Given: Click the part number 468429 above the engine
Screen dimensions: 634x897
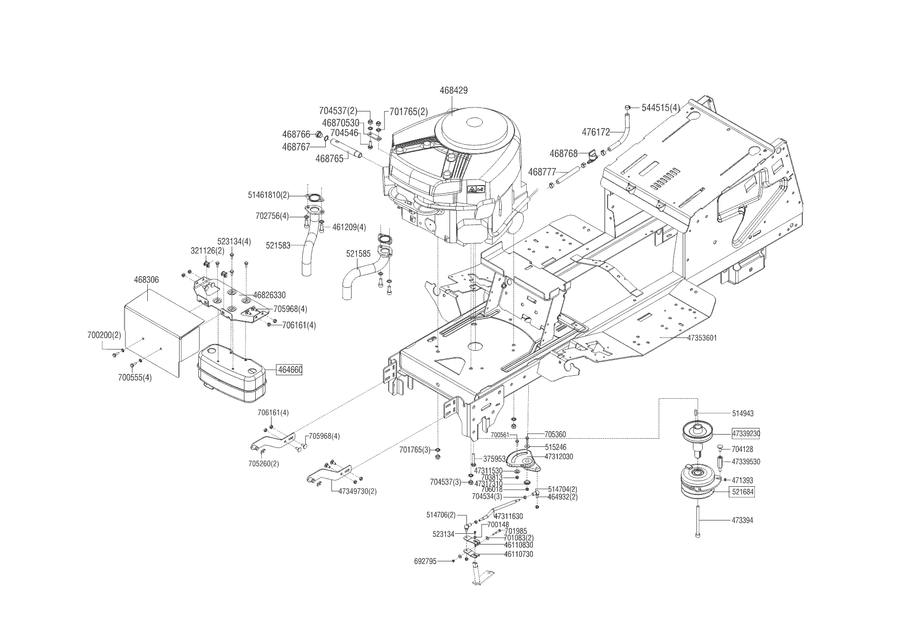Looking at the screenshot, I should point(453,90).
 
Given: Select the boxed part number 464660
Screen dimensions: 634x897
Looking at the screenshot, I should point(289,370).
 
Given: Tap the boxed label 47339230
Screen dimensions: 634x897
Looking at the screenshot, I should point(746,434).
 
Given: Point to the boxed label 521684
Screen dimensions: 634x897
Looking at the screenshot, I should point(742,492).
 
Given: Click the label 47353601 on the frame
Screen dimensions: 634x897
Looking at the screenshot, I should point(702,338).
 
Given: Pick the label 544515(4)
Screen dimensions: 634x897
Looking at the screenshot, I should point(661,108).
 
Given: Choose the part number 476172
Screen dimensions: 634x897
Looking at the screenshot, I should point(596,132).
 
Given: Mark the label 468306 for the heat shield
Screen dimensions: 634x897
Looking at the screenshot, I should point(146,280).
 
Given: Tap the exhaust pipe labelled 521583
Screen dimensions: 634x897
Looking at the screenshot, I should point(309,251).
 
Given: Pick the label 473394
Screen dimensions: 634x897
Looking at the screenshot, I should point(742,520).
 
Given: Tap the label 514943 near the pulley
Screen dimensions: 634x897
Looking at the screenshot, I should point(743,413).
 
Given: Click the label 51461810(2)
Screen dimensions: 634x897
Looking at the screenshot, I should point(268,195).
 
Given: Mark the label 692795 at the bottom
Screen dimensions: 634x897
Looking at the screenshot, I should point(425,561).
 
